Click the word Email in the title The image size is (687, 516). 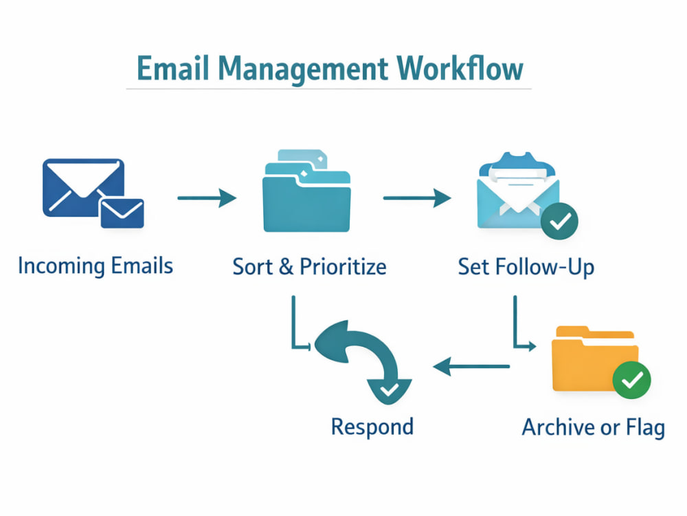(174, 68)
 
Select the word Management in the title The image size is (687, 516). (303, 69)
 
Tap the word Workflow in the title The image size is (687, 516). (460, 68)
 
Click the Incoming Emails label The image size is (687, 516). (95, 266)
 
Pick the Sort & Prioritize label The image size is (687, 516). (309, 266)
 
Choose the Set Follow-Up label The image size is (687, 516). (526, 267)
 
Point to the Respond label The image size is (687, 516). (372, 427)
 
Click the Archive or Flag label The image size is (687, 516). (594, 427)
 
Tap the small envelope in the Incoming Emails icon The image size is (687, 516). (122, 213)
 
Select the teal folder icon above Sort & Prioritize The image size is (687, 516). (306, 191)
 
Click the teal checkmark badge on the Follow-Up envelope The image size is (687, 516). (559, 221)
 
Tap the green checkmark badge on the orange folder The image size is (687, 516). (631, 380)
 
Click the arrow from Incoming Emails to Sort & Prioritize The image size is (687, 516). (207, 198)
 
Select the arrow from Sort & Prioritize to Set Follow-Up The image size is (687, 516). (417, 198)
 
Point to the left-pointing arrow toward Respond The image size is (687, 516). (471, 366)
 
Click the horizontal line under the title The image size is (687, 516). (328, 89)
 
